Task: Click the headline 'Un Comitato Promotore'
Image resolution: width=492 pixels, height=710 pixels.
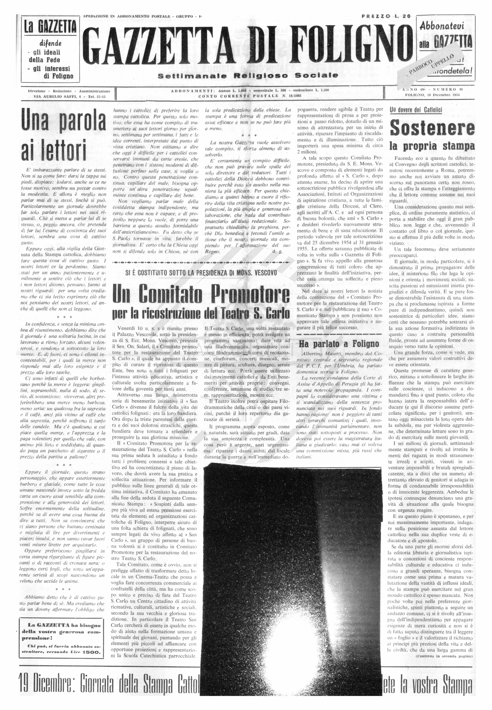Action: tap(201, 294)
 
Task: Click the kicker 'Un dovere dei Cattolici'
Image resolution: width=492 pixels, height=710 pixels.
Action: tap(416, 110)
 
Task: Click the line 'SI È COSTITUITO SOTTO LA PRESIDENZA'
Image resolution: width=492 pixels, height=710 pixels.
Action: tap(201, 273)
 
